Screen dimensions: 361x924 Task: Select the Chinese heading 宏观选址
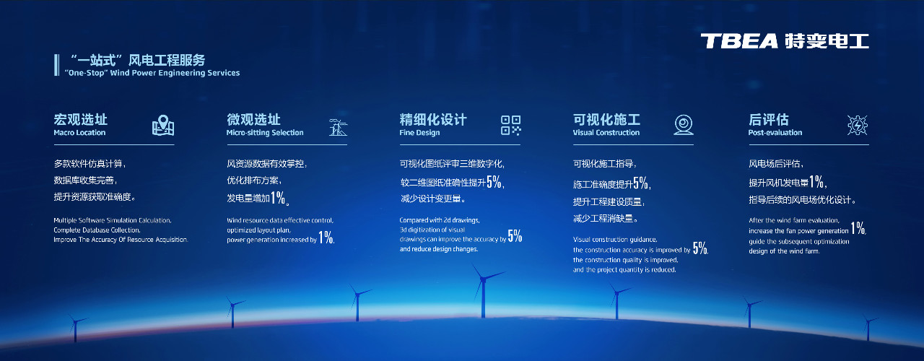[x=80, y=119]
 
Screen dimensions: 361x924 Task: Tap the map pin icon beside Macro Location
[x=163, y=126]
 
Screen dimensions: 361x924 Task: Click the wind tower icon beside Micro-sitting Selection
[x=336, y=126]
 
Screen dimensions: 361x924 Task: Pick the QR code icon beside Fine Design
[x=510, y=126]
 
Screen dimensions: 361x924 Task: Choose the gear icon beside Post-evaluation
[x=857, y=126]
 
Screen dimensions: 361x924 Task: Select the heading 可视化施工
[x=606, y=119]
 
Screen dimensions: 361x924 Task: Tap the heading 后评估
[x=768, y=119]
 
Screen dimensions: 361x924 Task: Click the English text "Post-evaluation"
[x=775, y=133]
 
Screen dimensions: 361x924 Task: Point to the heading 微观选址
[x=253, y=119]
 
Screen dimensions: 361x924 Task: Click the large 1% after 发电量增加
[x=277, y=198]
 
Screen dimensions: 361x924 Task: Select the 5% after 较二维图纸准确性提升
[x=494, y=182]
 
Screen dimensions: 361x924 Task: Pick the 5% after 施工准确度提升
[x=640, y=183]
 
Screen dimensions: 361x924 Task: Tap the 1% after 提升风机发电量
[x=816, y=182]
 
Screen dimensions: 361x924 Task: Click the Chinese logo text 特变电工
[x=825, y=41]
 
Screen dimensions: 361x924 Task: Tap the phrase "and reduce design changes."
[x=438, y=249]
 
